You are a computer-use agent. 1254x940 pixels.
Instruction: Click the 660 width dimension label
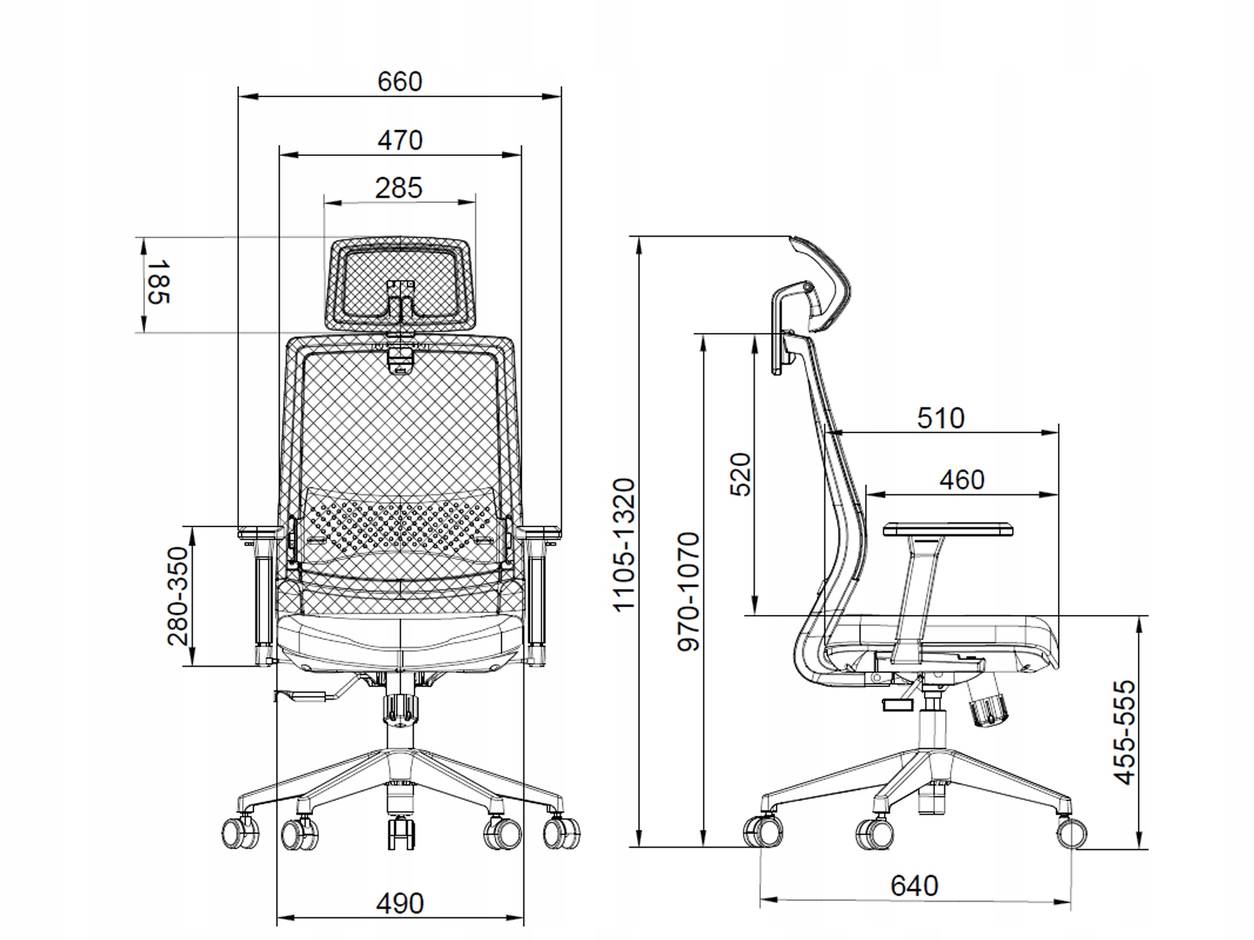tap(400, 82)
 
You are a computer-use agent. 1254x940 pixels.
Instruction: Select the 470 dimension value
tap(400, 140)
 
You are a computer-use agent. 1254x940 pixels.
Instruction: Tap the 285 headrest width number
tap(399, 188)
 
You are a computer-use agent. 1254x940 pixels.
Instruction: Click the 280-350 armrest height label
tap(178, 596)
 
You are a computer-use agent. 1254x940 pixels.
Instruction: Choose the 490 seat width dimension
tap(400, 903)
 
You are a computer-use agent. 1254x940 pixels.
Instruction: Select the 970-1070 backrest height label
tap(688, 592)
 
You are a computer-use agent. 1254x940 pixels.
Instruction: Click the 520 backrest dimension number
tap(740, 475)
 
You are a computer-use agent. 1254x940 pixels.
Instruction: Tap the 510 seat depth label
tap(941, 418)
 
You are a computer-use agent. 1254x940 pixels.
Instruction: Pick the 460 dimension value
tap(962, 480)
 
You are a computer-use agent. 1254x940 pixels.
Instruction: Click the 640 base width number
tap(914, 886)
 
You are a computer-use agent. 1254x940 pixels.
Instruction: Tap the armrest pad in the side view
tap(948, 529)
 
